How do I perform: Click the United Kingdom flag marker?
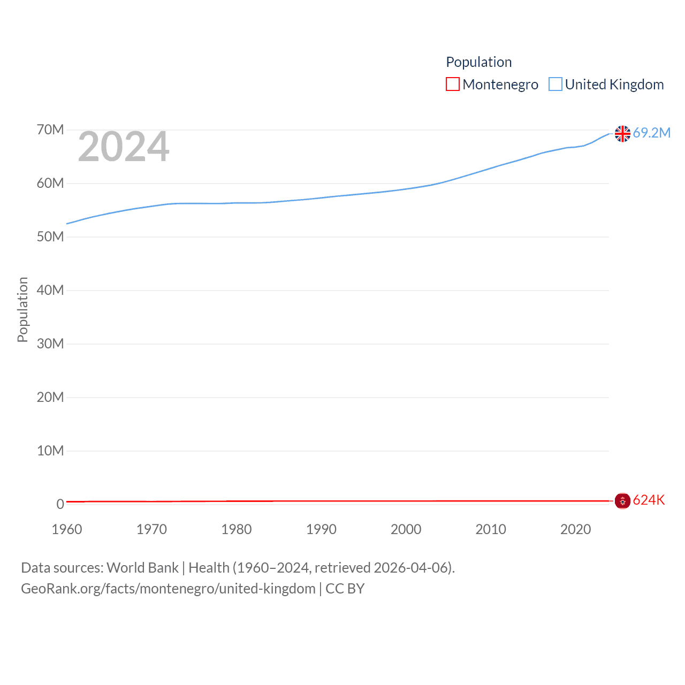tap(622, 133)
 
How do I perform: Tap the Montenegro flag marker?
tap(622, 501)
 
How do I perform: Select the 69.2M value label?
tap(652, 133)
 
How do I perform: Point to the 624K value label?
tap(649, 500)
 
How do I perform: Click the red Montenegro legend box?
tap(453, 85)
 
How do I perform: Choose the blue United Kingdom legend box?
tap(555, 85)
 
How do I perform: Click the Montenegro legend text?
tap(500, 85)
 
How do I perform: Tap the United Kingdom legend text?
tap(614, 85)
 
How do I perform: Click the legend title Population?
tap(479, 62)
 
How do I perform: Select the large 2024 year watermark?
tap(124, 147)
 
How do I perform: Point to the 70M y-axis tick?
tap(50, 130)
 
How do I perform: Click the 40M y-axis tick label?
tap(50, 291)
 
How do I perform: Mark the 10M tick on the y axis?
tap(50, 451)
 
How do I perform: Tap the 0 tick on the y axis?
tap(60, 504)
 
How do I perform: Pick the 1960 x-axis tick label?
tap(67, 530)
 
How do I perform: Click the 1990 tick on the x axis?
tap(321, 530)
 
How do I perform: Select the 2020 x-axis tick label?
tap(575, 530)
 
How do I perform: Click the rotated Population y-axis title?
tap(22, 309)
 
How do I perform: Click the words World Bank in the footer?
tap(142, 568)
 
